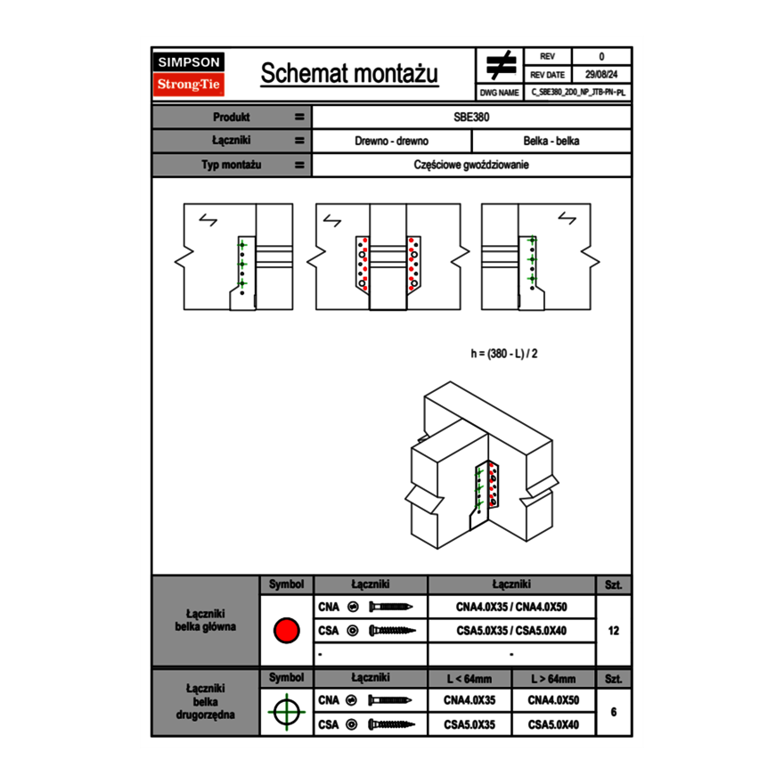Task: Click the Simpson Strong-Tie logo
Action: click(190, 74)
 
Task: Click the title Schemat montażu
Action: click(349, 74)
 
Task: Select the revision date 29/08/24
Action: click(601, 75)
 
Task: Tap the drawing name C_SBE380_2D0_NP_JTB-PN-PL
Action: click(578, 92)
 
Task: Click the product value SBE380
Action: click(472, 117)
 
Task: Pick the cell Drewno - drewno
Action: click(392, 141)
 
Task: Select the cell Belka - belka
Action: click(551, 141)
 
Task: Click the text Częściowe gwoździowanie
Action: click(472, 165)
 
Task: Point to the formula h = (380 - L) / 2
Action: click(504, 354)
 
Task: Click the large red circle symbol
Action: click(286, 631)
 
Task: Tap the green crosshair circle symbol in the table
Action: click(286, 712)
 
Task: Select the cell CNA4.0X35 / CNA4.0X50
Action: click(511, 607)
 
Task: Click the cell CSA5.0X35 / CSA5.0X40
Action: click(511, 631)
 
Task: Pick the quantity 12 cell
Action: click(613, 631)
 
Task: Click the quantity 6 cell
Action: click(613, 712)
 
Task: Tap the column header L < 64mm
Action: click(470, 679)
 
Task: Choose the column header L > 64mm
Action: click(553, 679)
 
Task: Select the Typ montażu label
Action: click(231, 165)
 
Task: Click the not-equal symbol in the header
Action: click(501, 65)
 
